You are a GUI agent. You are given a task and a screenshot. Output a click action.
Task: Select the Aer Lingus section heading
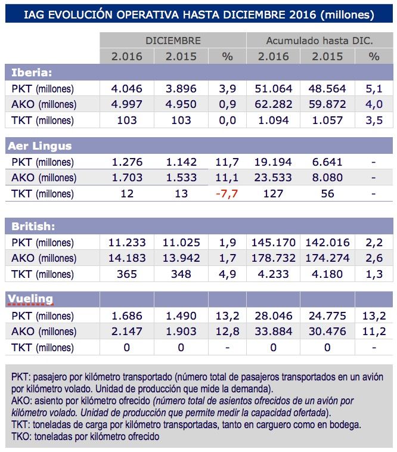pyautogui.click(x=39, y=146)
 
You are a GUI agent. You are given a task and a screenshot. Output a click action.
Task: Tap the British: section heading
pyautogui.click(x=34, y=227)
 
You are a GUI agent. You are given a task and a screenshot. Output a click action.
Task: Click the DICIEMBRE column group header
pyautogui.click(x=173, y=41)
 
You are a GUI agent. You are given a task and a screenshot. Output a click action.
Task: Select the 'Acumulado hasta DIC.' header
pyautogui.click(x=319, y=41)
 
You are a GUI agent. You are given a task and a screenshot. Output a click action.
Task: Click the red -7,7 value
pyautogui.click(x=227, y=194)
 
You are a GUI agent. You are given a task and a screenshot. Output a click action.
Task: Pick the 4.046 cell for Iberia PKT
pyautogui.click(x=126, y=89)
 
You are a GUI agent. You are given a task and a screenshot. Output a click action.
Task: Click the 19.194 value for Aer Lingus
pyautogui.click(x=273, y=162)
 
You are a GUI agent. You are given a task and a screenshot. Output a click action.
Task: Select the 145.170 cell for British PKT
pyautogui.click(x=273, y=243)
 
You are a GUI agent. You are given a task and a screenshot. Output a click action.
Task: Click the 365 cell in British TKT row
pyautogui.click(x=126, y=275)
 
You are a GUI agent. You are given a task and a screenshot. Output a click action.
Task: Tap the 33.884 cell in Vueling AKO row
pyautogui.click(x=273, y=332)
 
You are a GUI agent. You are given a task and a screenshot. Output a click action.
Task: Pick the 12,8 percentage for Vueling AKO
pyautogui.click(x=227, y=332)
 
